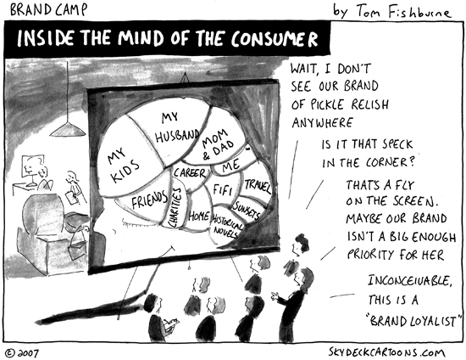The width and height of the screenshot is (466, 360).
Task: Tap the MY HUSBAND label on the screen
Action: [x=176, y=127]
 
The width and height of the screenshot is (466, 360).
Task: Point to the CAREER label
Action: [x=189, y=172]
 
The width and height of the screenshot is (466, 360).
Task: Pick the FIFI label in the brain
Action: [x=222, y=189]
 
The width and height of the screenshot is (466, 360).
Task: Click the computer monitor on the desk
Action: [x=32, y=166]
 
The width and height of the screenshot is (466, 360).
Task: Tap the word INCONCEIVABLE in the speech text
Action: [x=410, y=280]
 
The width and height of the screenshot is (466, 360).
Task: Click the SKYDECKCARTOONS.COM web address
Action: [x=386, y=352]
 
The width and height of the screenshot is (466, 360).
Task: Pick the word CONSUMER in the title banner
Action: [x=275, y=39]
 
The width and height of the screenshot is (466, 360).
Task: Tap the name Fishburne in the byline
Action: [x=419, y=12]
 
